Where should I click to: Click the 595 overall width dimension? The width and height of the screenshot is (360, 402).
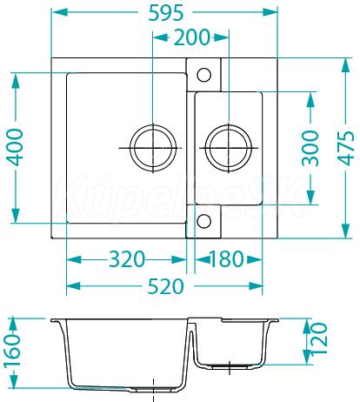[x=166, y=13]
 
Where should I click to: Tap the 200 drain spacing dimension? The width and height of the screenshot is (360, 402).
[x=191, y=37]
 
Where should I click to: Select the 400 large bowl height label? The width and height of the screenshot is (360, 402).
[x=15, y=148]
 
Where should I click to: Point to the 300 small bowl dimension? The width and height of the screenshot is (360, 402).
[x=310, y=148]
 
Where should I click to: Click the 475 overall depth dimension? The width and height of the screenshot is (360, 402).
[x=346, y=148]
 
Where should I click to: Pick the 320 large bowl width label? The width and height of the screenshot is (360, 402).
[x=127, y=259]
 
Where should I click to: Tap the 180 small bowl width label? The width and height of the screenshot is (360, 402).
[x=226, y=259]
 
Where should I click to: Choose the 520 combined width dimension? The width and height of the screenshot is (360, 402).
[x=166, y=286]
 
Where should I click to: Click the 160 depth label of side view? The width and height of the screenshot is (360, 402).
[x=12, y=352]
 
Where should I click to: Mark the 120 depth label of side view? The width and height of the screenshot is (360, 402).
[x=319, y=338]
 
